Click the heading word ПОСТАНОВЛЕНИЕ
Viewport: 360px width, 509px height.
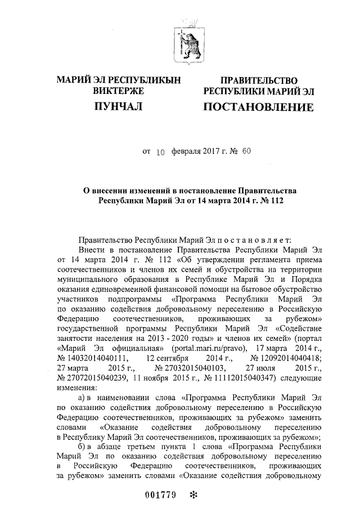[259, 106]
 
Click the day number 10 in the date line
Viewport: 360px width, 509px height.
[160, 151]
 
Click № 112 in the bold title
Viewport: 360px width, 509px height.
[260, 200]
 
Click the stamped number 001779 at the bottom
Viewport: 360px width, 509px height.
[160, 496]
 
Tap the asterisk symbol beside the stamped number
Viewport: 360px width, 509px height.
[195, 495]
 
